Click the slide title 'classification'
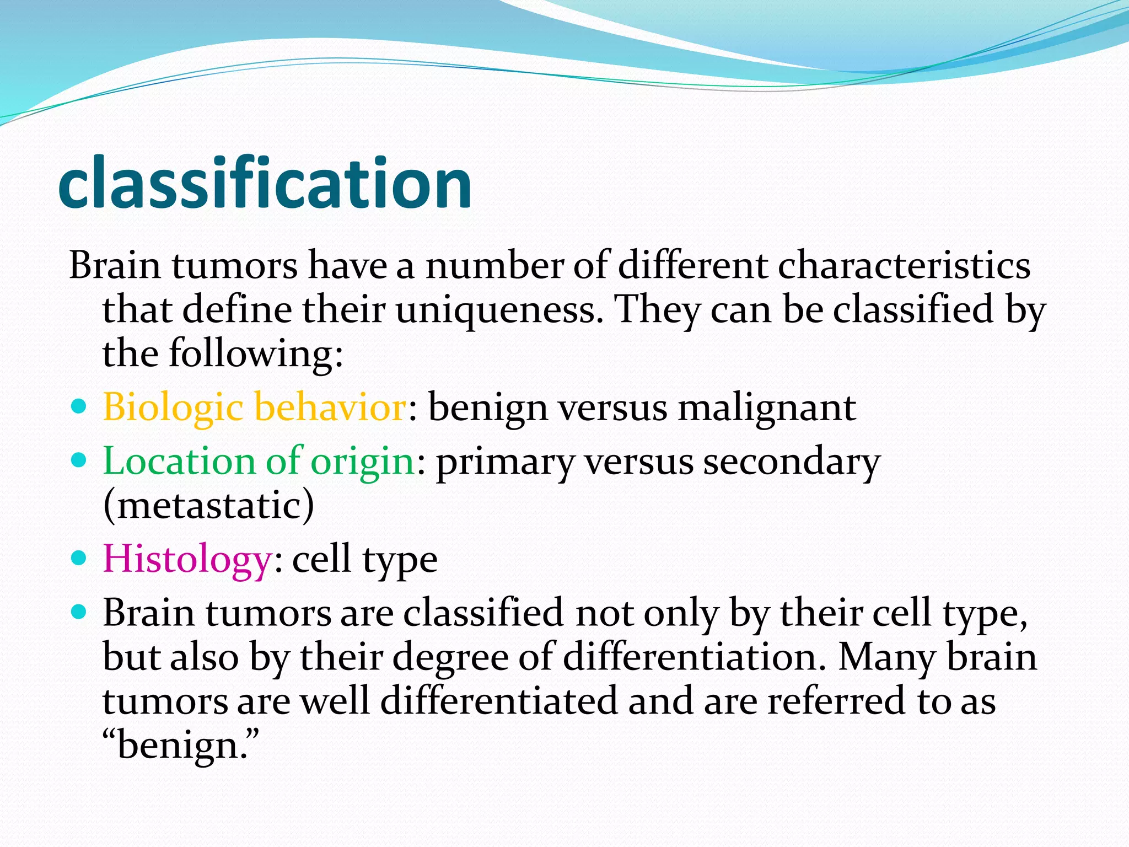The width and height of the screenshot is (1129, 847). point(265,183)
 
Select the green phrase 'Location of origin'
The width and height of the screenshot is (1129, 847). point(258,461)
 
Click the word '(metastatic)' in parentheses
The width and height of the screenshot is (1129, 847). point(208,505)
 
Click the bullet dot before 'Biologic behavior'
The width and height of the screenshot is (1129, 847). point(79,407)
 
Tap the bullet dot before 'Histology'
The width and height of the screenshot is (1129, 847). point(79,558)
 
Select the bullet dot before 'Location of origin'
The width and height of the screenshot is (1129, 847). point(79,460)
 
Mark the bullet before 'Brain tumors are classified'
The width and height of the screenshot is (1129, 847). point(79,612)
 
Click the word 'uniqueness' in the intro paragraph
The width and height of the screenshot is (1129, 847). point(496,309)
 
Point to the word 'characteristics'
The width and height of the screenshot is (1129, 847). point(904,266)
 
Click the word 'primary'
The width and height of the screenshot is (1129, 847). point(505,462)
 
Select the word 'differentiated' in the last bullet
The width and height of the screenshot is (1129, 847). point(499,700)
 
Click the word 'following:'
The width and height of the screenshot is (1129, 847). point(256,353)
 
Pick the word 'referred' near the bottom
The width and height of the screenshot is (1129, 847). point(837,700)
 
